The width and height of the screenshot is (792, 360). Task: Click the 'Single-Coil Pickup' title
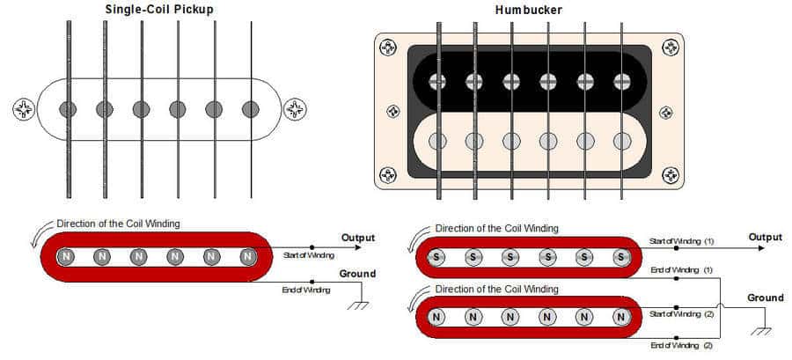tap(159, 9)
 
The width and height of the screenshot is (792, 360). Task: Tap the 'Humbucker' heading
tap(528, 10)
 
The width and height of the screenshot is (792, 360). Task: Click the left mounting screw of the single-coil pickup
tap(24, 109)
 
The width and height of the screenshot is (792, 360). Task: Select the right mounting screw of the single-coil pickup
tap(295, 109)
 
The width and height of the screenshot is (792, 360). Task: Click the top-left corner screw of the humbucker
tap(388, 48)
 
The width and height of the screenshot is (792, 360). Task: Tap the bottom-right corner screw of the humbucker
tap(671, 175)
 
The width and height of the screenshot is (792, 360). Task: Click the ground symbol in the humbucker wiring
tap(761, 331)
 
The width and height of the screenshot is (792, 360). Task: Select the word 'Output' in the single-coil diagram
tap(358, 238)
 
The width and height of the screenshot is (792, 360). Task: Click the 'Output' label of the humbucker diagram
tap(766, 237)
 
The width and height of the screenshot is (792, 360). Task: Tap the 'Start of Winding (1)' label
tap(681, 241)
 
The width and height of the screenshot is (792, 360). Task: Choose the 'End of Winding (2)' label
tap(681, 345)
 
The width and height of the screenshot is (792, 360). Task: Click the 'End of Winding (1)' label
tap(681, 270)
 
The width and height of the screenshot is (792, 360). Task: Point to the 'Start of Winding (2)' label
tap(681, 314)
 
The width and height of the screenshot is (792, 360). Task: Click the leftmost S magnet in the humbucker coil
tap(436, 257)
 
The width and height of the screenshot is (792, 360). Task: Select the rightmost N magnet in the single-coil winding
tap(247, 257)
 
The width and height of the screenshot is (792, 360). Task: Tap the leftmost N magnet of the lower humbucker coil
tap(437, 317)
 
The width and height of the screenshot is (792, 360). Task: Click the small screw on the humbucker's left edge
tap(393, 112)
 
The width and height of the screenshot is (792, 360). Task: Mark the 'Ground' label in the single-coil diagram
tap(357, 274)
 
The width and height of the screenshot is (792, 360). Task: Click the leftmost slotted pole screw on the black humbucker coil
tap(437, 81)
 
